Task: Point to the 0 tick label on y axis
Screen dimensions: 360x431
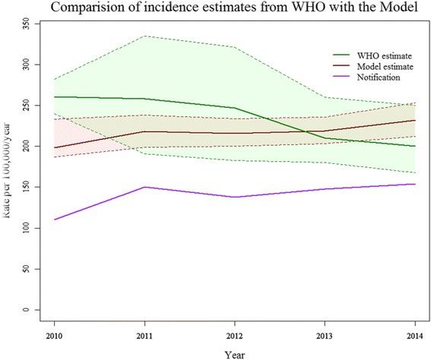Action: pos(27,310)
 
